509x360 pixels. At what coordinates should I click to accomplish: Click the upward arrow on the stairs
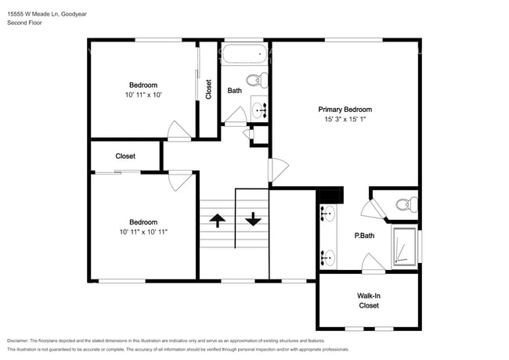pos(218,220)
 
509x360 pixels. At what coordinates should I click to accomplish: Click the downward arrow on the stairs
pos(252,220)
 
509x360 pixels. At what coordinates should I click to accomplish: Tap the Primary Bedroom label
pos(345,110)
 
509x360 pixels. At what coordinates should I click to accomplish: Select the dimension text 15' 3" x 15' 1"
pos(345,120)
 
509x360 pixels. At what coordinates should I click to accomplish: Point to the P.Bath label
pos(364,236)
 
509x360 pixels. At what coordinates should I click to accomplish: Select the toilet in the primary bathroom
pos(403,205)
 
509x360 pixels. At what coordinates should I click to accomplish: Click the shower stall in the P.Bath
pos(403,247)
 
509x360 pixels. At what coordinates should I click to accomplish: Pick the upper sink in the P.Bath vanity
pos(327,213)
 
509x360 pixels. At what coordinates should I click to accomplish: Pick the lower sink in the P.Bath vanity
pos(327,255)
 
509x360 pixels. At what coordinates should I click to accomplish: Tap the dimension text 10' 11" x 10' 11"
pos(143,232)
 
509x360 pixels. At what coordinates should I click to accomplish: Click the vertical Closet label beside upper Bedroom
pos(208,90)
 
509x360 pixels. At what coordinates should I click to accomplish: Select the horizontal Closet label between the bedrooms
pos(125,157)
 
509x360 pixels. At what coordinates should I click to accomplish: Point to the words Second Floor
pos(24,23)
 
